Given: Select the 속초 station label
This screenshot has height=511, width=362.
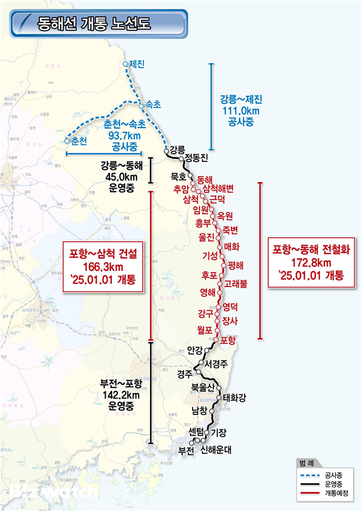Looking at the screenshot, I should tap(154, 104).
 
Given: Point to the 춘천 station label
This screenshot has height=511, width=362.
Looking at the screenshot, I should tap(80, 141).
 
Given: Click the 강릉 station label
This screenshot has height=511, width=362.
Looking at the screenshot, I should tap(177, 149).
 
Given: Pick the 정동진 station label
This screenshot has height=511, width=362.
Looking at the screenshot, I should tap(196, 158).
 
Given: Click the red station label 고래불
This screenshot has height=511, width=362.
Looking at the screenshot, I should tap(236, 283).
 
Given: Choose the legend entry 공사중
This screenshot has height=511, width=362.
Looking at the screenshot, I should tap(332, 475).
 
